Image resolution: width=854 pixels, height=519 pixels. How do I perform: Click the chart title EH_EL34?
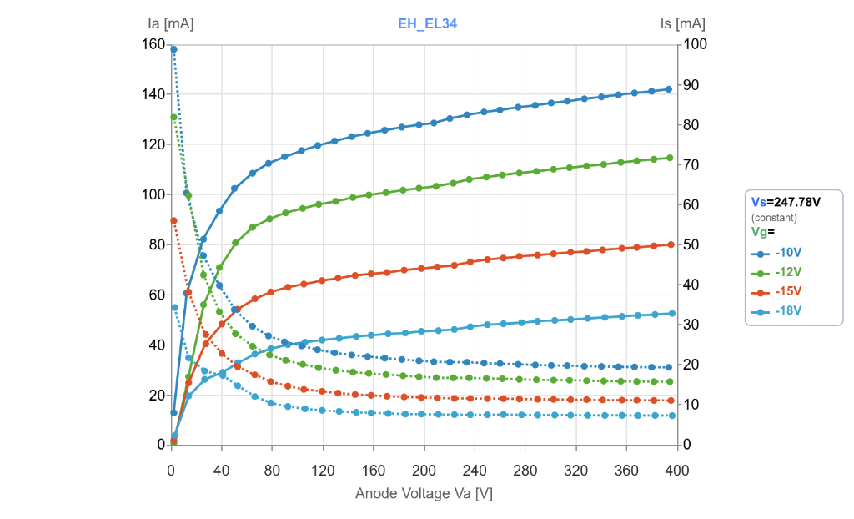tap(427, 23)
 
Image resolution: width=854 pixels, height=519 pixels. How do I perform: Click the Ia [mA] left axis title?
tap(170, 23)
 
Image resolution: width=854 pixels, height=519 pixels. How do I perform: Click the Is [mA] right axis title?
tap(682, 23)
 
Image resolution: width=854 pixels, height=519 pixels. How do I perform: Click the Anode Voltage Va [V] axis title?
tap(424, 493)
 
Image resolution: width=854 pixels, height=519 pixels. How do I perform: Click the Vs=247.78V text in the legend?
tap(786, 202)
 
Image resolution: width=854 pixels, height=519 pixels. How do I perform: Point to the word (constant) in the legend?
tap(774, 217)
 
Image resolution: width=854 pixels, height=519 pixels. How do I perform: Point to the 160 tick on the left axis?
tap(153, 44)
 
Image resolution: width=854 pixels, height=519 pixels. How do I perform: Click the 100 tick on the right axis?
tap(696, 44)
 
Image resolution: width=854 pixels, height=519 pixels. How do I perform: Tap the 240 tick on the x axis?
tap(475, 471)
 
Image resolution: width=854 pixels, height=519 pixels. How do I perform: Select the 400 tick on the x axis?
tap(676, 471)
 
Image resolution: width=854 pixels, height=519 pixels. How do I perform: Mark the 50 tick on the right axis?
tap(692, 244)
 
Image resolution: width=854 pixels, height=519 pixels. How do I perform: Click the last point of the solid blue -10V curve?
tap(669, 89)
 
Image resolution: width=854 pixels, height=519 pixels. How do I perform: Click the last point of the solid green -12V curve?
tap(669, 158)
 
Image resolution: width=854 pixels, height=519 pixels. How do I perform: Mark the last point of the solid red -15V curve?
tap(669, 244)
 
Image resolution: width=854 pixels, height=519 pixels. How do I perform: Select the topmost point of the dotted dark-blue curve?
tap(173, 49)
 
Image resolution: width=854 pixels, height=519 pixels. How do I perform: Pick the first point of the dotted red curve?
tap(173, 220)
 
